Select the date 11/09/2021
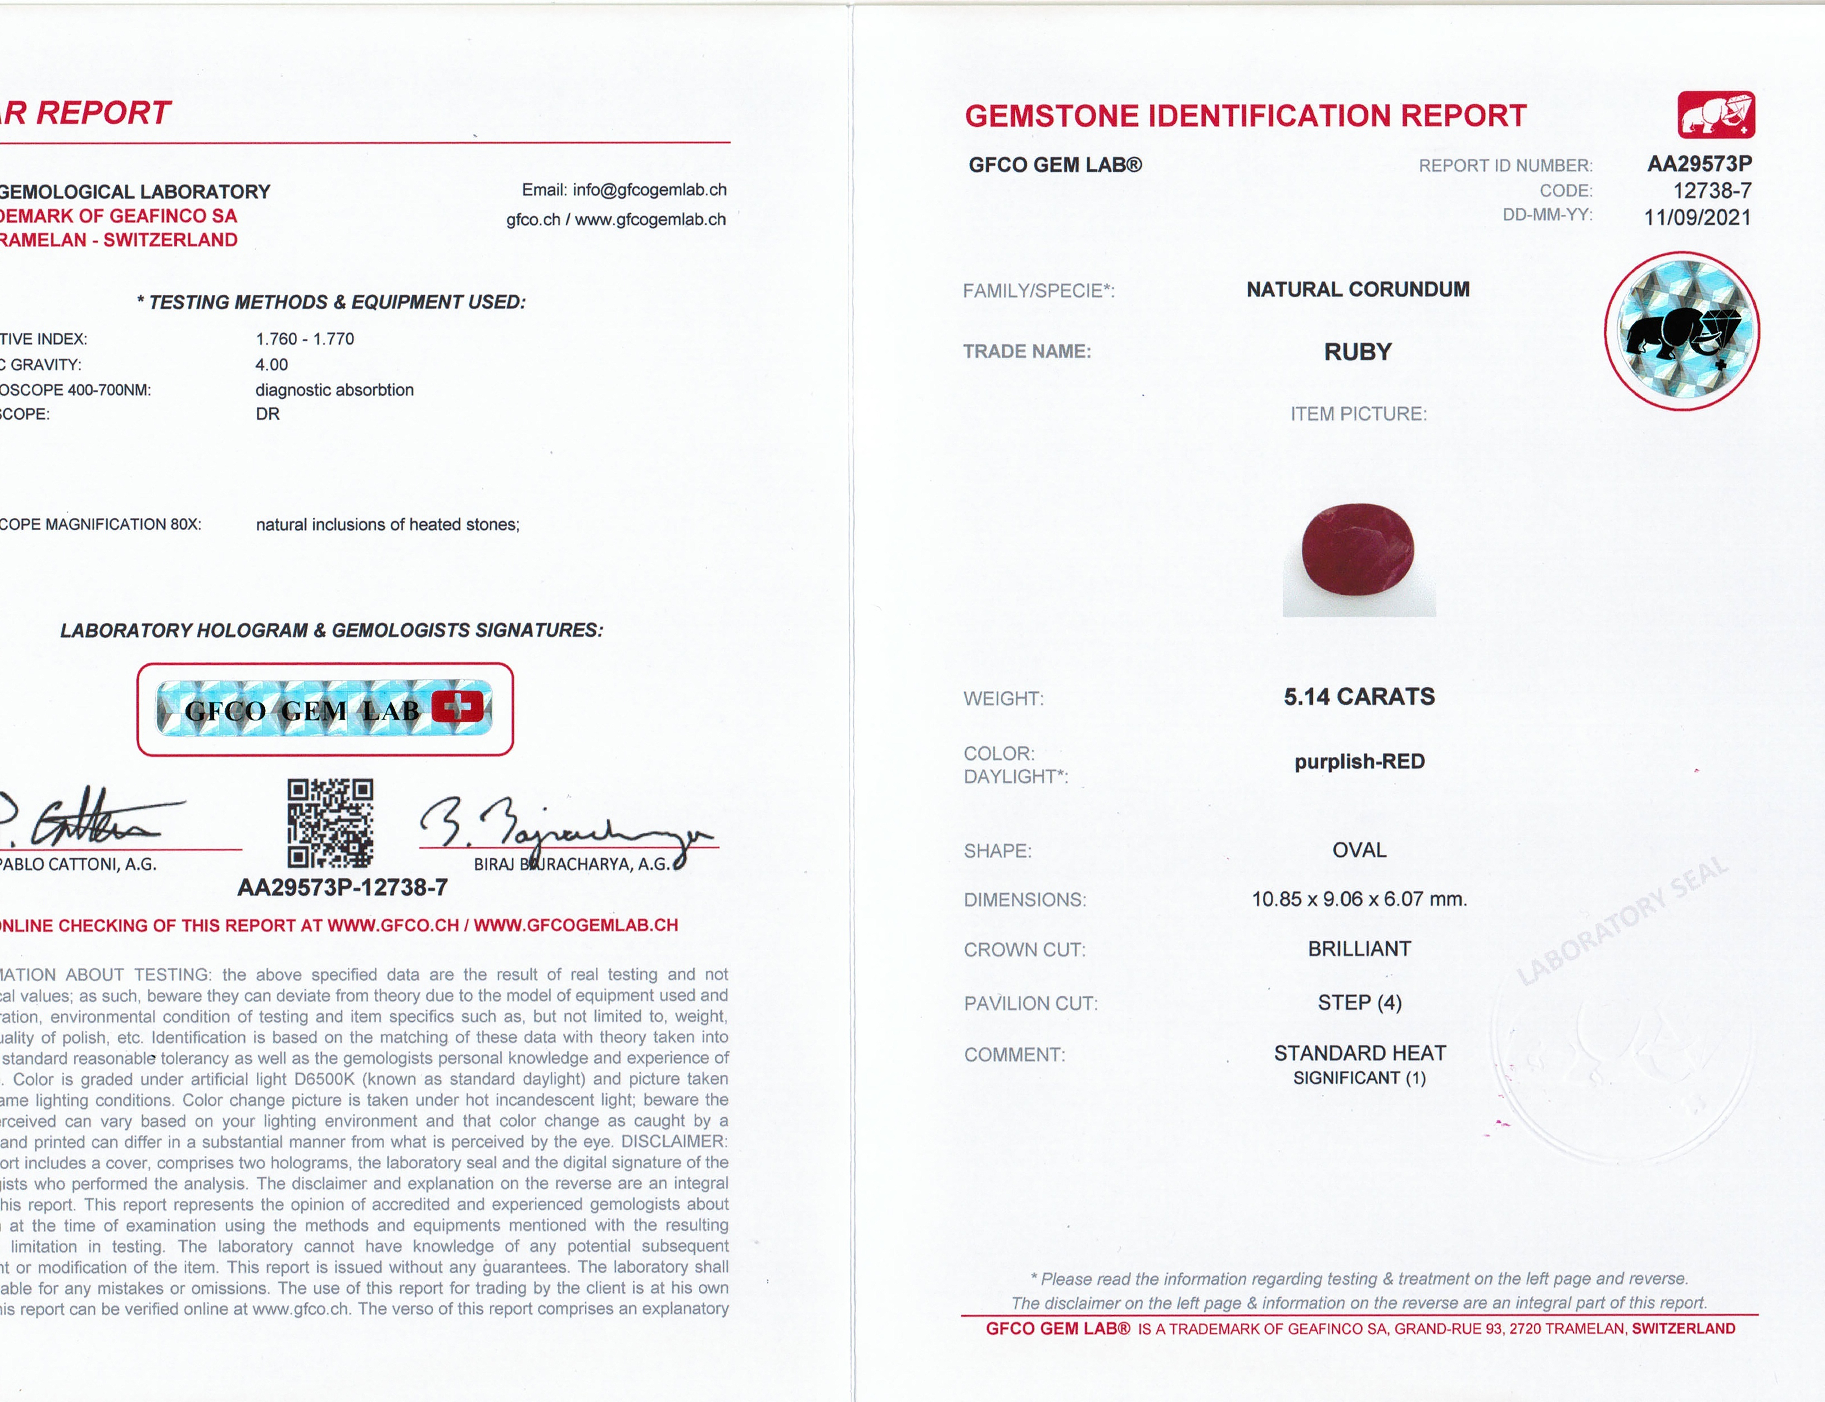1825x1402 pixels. pos(1697,218)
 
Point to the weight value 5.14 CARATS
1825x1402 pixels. pos(1359,697)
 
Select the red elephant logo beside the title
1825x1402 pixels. pos(1716,115)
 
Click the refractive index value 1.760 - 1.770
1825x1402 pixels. pos(304,339)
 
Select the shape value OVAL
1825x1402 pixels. pos(1359,850)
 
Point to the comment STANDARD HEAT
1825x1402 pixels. pos(1360,1053)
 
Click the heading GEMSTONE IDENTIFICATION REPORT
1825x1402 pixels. pos(1245,116)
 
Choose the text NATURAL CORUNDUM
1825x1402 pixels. pos(1358,290)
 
